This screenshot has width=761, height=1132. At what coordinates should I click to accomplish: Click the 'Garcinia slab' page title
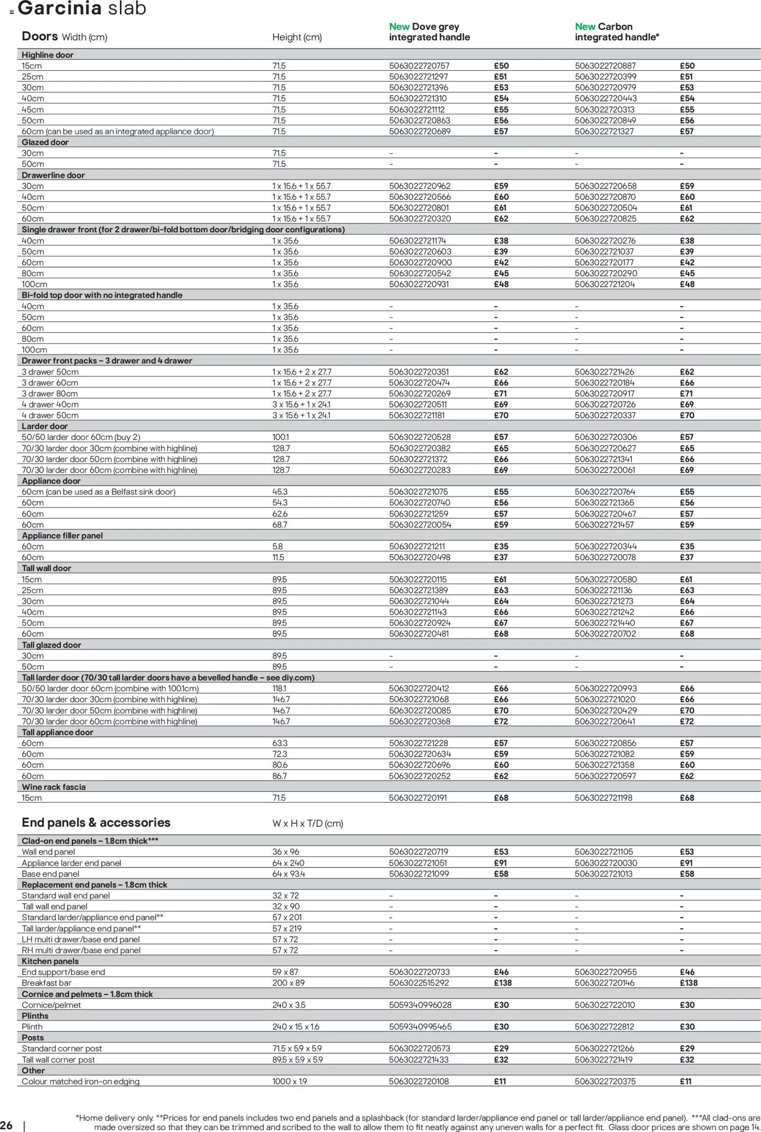(x=82, y=8)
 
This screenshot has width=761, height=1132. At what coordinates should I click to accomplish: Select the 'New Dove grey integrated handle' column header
(x=429, y=32)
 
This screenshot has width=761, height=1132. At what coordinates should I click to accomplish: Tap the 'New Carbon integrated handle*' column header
(x=617, y=32)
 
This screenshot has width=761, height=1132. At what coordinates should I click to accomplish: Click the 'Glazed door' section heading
(x=45, y=142)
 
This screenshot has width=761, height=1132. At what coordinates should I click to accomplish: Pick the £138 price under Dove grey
(x=502, y=983)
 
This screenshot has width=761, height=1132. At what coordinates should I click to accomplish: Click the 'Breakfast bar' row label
(x=47, y=983)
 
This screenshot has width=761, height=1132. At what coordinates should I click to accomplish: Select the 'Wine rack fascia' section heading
(x=54, y=787)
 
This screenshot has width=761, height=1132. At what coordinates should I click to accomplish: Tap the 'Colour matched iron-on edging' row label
(x=81, y=1081)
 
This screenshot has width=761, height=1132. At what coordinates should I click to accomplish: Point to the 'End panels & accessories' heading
(x=96, y=823)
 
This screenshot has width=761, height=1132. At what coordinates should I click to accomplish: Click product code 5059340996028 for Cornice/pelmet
(x=420, y=1005)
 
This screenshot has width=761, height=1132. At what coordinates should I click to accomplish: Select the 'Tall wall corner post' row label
(x=58, y=1059)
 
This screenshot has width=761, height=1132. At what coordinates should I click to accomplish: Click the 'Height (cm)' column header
(x=297, y=37)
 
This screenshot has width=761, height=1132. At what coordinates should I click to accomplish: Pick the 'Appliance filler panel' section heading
(x=62, y=536)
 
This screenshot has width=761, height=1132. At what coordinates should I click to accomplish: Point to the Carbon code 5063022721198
(x=604, y=798)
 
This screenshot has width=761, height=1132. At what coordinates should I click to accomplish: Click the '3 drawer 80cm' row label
(x=50, y=394)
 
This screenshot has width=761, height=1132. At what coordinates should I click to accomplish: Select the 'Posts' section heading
(x=33, y=1037)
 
